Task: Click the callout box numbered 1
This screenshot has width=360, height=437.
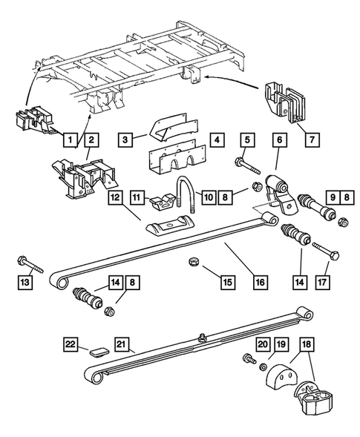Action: (x=69, y=139)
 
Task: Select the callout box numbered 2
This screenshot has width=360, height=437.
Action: (x=91, y=139)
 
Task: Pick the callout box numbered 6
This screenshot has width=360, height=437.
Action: (x=279, y=139)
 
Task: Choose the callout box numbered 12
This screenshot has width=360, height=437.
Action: (x=117, y=198)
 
